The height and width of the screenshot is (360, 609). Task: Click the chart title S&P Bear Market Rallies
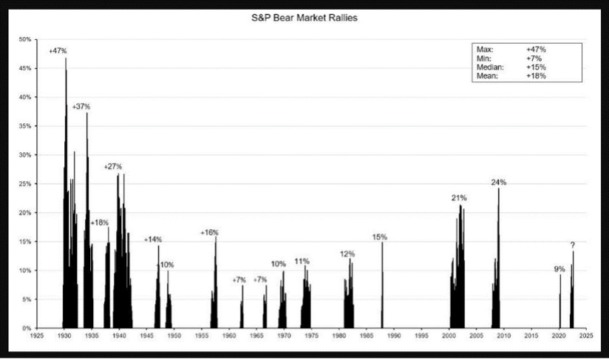tap(304, 17)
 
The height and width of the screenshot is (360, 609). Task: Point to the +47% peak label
tap(58, 51)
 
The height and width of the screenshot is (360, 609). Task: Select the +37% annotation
tap(81, 106)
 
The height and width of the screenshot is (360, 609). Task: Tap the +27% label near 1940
tap(113, 166)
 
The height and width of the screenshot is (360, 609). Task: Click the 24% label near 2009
tap(499, 182)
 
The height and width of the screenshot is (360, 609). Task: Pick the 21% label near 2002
tap(459, 198)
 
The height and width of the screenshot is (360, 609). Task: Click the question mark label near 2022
tap(572, 245)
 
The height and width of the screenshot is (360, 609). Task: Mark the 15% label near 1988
tap(380, 237)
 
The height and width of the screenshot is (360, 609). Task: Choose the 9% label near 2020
tap(559, 269)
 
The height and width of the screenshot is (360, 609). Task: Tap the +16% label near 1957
tap(209, 233)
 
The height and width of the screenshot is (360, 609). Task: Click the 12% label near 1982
tap(347, 254)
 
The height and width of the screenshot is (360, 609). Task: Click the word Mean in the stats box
tap(483, 75)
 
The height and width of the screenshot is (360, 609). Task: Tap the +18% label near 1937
tap(100, 223)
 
